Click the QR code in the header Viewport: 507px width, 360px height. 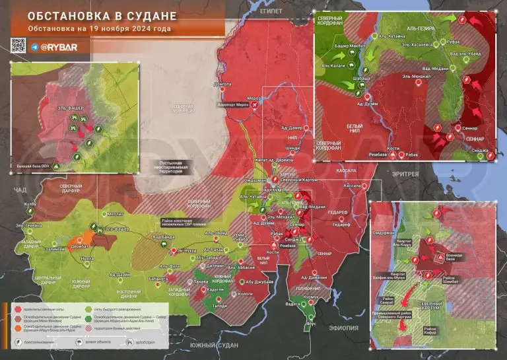[17, 46]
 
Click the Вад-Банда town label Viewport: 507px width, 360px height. [164, 236]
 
